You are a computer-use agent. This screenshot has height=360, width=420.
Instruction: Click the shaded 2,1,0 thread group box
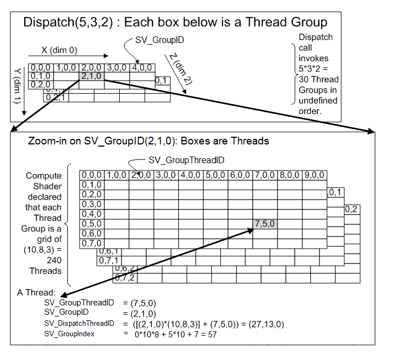92,76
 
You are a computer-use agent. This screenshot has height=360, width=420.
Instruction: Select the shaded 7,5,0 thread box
265,224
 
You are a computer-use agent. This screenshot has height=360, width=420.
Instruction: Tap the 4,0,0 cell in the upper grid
141,67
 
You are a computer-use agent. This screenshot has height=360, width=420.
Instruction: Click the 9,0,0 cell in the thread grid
314,175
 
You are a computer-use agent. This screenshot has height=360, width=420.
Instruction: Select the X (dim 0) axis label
59,50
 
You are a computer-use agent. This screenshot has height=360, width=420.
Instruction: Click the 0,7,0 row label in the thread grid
92,243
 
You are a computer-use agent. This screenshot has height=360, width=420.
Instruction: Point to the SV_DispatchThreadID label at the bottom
79,324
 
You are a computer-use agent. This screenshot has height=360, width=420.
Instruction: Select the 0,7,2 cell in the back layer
125,278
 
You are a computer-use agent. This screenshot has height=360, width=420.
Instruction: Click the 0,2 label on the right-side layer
351,209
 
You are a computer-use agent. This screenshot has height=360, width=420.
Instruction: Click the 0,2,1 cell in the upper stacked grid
56,97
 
